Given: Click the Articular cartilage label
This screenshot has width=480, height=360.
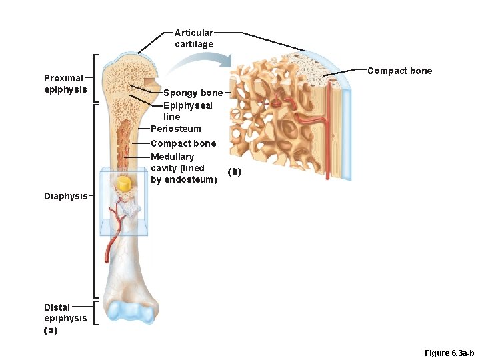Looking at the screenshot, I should click(194, 39).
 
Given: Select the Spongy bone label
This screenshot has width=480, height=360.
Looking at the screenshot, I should click(193, 93).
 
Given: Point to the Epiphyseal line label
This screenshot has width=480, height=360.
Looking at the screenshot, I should click(187, 111).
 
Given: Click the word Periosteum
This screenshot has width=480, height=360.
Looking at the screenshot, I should click(175, 129).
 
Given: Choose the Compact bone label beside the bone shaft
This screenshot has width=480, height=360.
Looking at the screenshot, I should click(183, 143).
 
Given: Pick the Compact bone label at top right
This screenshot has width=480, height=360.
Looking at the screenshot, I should click(399, 71).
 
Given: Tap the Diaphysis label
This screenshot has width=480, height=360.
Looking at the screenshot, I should click(65, 196).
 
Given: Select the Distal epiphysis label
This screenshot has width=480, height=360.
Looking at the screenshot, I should click(65, 313).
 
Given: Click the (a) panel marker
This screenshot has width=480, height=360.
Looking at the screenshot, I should click(51, 330).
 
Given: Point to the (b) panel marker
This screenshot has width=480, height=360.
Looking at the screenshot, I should click(234, 172).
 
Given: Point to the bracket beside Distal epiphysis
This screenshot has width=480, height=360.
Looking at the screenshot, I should click(96, 313).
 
